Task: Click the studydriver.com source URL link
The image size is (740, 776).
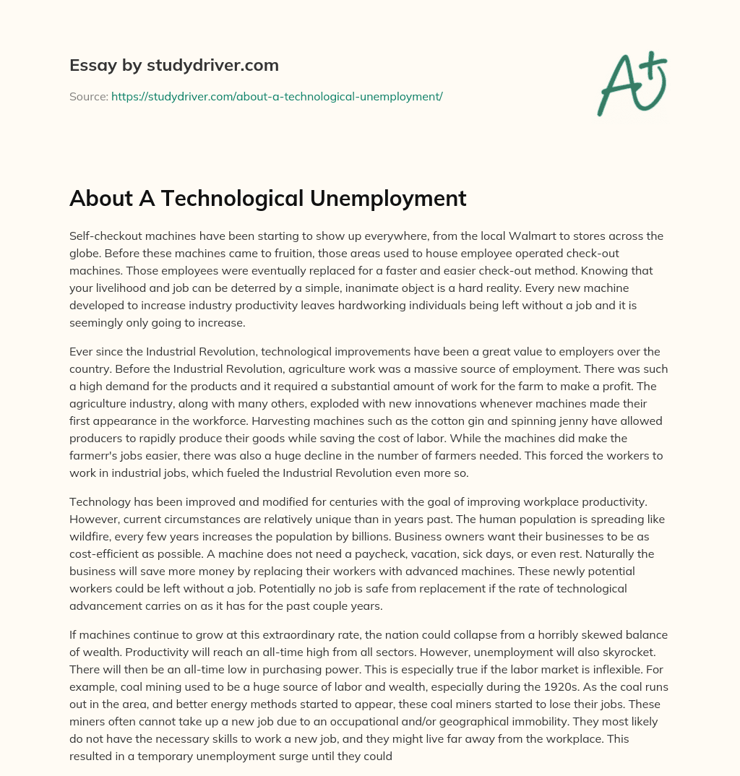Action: (277, 95)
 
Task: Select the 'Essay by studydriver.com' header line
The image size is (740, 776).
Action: (173, 65)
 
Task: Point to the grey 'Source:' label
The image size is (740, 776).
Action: (88, 95)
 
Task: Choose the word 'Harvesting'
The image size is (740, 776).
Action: (100, 421)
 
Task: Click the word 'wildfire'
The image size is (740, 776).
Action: (92, 536)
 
